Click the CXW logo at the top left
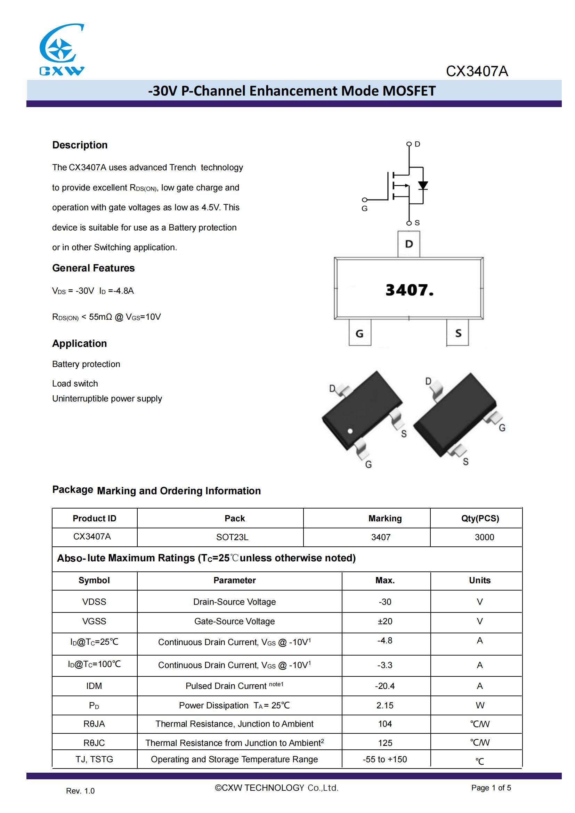pyautogui.click(x=62, y=50)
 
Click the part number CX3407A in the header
pyautogui.click(x=477, y=71)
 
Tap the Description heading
pyautogui.click(x=80, y=145)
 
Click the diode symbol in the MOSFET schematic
pyautogui.click(x=423, y=185)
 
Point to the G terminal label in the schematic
pyautogui.click(x=364, y=209)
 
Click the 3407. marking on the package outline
pyautogui.click(x=409, y=290)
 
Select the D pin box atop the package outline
pyautogui.click(x=409, y=244)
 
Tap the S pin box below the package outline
pyautogui.click(x=458, y=333)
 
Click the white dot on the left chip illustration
pyautogui.click(x=350, y=431)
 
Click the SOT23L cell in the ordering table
pyautogui.click(x=232, y=537)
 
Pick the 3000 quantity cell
pyautogui.click(x=484, y=537)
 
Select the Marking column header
pyautogui.click(x=385, y=518)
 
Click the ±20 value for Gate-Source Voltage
pyautogui.click(x=385, y=621)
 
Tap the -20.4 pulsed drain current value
pyautogui.click(x=385, y=686)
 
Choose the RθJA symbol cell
pyautogui.click(x=94, y=724)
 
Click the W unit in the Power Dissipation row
pyautogui.click(x=480, y=705)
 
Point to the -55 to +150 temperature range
pyautogui.click(x=385, y=759)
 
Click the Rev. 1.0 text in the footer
pyautogui.click(x=80, y=791)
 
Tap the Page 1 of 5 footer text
pyautogui.click(x=491, y=788)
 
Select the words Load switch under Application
pyautogui.click(x=75, y=383)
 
